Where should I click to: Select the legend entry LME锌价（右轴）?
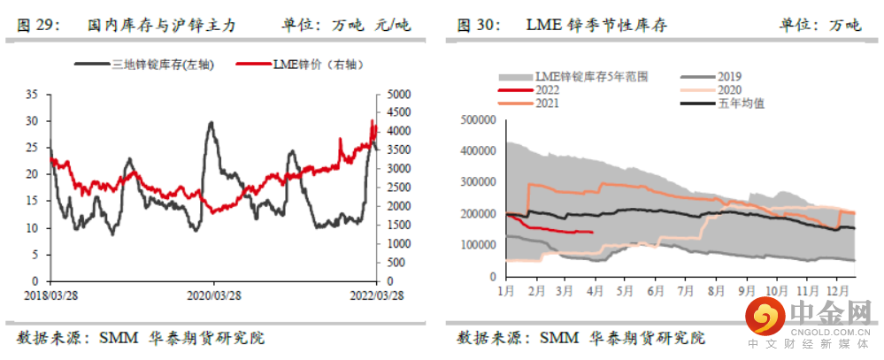click(x=314, y=64)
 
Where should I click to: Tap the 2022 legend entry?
click(x=547, y=90)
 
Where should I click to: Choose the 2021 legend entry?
click(x=547, y=103)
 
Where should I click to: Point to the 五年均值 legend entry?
click(x=740, y=103)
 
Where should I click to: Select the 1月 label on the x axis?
click(x=507, y=289)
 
